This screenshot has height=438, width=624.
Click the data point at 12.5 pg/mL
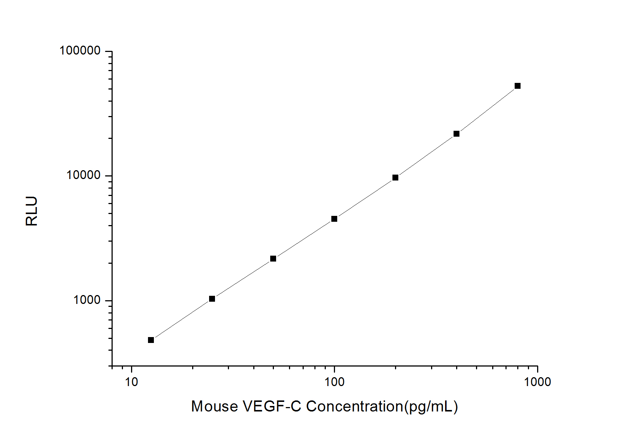[x=151, y=340]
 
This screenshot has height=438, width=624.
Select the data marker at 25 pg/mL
[x=212, y=299]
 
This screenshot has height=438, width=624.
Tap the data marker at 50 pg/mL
[x=273, y=259]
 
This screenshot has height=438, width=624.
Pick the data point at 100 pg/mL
[x=334, y=219]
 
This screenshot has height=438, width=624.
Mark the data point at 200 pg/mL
[x=395, y=178]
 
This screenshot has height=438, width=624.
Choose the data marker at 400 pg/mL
[x=456, y=134]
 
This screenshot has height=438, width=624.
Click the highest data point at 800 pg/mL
[x=518, y=86]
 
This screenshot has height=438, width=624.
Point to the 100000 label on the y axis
[x=80, y=51]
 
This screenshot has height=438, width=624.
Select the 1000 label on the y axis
[x=87, y=300]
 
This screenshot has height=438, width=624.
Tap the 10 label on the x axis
[x=131, y=382]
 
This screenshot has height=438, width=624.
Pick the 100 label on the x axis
[x=334, y=382]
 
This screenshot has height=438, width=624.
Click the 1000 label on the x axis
[x=537, y=382]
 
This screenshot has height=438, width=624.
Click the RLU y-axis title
[x=32, y=211]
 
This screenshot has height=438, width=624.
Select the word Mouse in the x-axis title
[x=214, y=407]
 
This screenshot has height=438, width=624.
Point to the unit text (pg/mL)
[x=431, y=407]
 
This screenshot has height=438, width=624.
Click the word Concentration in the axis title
[x=355, y=407]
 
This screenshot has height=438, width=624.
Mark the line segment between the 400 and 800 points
[x=487, y=110]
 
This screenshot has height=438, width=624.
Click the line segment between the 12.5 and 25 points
[x=181, y=319]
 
